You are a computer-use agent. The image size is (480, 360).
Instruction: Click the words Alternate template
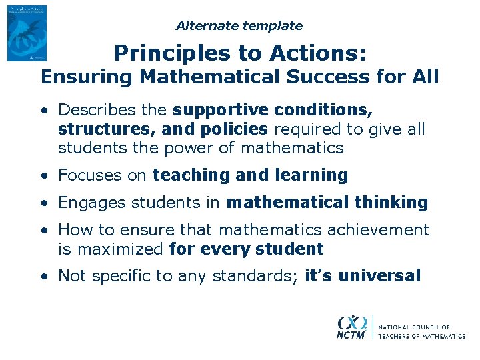click(239, 26)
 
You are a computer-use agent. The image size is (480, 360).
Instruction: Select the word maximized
click(119, 249)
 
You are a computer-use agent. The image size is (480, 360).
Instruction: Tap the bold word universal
click(380, 276)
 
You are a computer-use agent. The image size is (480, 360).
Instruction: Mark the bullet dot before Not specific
click(43, 276)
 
